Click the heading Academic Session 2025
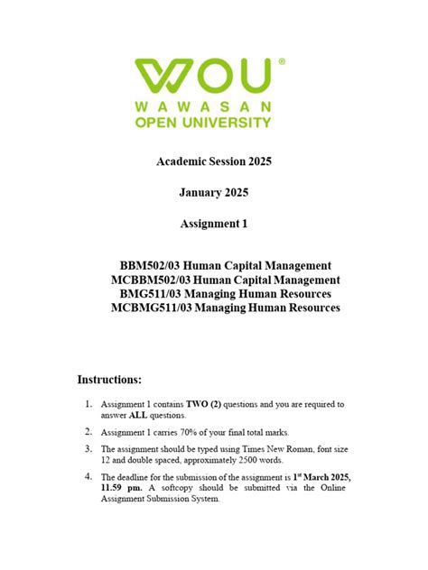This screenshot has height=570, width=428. [x=214, y=162]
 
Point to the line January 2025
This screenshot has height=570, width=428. [x=214, y=192]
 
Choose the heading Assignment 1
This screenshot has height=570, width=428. [x=214, y=223]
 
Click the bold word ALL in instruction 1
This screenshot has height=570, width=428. [x=141, y=417]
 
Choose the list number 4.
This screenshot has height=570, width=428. [x=88, y=476]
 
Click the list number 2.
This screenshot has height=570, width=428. [x=88, y=433]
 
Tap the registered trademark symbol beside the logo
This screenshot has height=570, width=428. [x=281, y=61]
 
